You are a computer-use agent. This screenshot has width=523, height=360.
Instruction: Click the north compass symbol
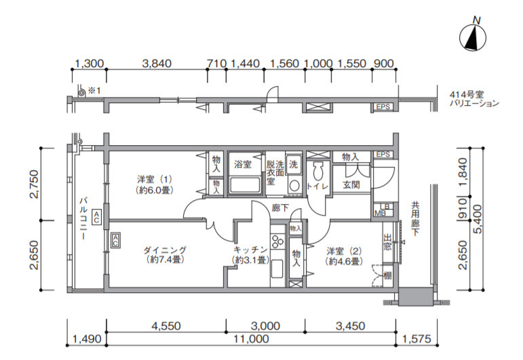tap(473, 37)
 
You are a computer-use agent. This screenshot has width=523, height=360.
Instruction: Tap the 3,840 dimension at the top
tap(157, 63)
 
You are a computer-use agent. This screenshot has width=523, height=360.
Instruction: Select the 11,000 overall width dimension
tap(251, 339)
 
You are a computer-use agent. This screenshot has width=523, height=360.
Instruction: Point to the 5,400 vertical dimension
tap(478, 219)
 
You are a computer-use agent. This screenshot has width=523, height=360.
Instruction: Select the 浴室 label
tap(242, 164)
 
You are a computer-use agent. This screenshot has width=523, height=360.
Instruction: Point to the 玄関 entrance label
tap(351, 184)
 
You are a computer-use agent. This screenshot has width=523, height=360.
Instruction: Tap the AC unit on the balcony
tap(96, 217)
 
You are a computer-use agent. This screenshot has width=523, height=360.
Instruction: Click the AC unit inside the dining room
tap(115, 240)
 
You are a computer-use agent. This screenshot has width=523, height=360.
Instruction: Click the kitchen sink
tap(277, 268)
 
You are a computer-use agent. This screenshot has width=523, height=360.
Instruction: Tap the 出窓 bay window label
tap(387, 242)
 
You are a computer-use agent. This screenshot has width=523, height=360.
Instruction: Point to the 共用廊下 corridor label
tap(415, 219)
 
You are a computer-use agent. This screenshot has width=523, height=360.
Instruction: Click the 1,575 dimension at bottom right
tap(417, 339)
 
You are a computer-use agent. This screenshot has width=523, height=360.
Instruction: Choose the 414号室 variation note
tap(474, 99)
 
